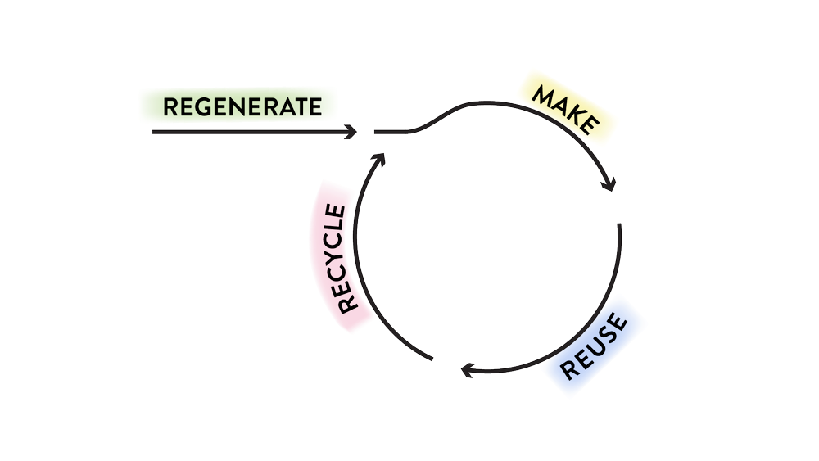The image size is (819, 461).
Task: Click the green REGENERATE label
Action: tap(238, 106)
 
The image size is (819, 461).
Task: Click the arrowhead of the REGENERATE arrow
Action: tap(353, 131)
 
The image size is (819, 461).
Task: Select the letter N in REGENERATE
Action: tap(238, 106)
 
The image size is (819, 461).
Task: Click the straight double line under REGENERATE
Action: tap(246, 131)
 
